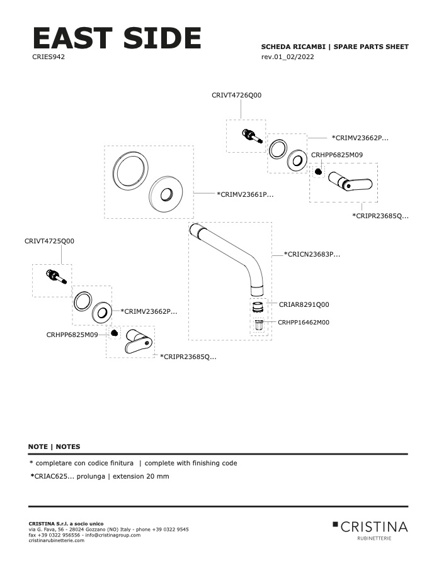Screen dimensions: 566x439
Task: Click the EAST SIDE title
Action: point(117,39)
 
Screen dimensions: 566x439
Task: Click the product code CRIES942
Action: point(48,57)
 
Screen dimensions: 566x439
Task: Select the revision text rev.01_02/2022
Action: point(287,57)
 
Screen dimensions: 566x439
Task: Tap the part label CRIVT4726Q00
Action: point(236,95)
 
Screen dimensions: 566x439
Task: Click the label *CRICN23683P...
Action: point(312,255)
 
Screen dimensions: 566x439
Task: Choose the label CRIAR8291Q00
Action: point(304,304)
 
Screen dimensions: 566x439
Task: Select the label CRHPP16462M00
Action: point(304,322)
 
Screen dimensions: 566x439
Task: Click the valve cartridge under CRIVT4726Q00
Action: point(250,135)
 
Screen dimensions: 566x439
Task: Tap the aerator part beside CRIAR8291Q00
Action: point(257,308)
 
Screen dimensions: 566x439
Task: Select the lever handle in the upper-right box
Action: point(350,181)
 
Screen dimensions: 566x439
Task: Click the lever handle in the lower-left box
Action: point(137,341)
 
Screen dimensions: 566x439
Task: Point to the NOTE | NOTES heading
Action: point(54,447)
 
